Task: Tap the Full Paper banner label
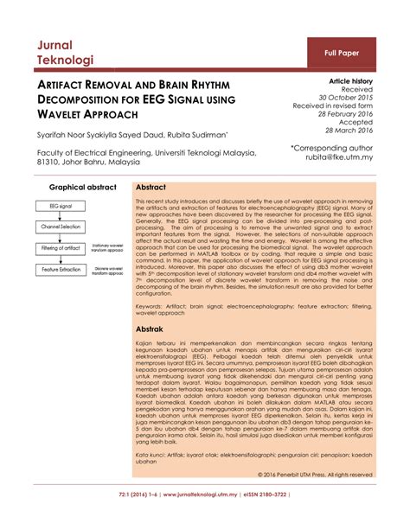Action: click(x=343, y=53)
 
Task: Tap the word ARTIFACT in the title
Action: click(x=66, y=88)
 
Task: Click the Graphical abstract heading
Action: click(x=83, y=187)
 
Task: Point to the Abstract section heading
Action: click(x=151, y=187)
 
